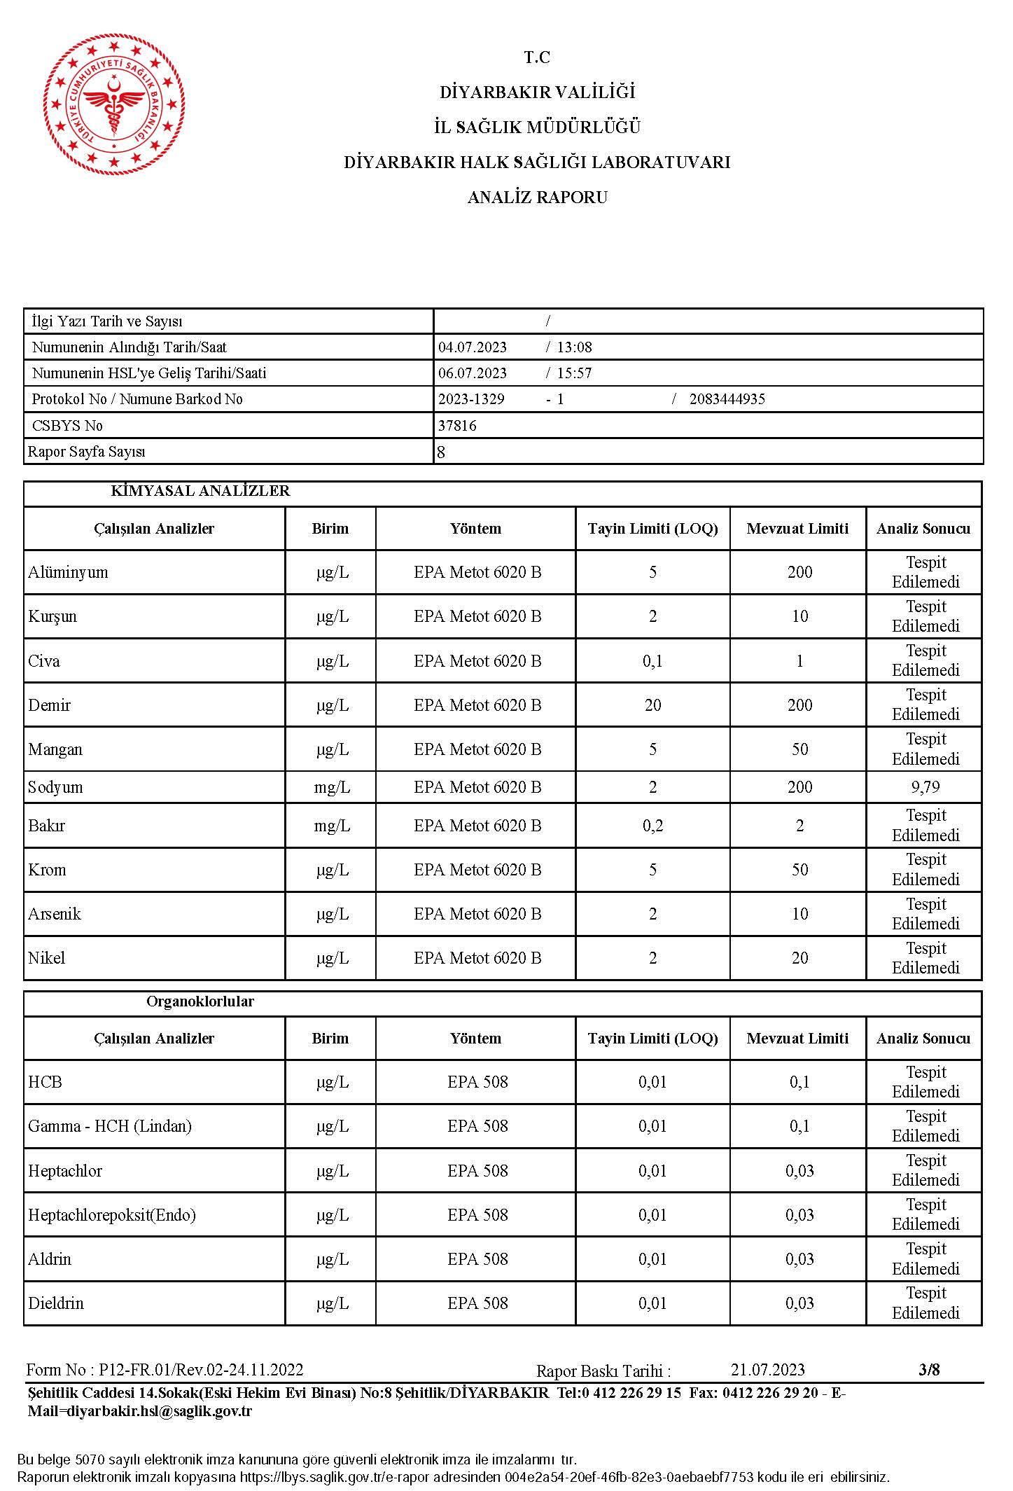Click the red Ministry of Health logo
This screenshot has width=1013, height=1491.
pos(114,103)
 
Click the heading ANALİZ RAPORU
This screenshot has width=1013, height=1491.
pos(537,197)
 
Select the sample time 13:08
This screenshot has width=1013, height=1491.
pos(574,347)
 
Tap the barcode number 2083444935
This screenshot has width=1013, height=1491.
pos(727,399)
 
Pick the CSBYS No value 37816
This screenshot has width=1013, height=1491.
pos(457,426)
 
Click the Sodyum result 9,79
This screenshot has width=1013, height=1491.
pos(925,787)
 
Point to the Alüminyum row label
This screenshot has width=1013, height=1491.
pos(68,572)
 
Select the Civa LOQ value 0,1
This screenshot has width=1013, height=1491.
pos(652,661)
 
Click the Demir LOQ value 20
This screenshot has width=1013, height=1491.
pos(652,705)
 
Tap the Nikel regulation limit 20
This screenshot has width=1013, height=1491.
pos(799,958)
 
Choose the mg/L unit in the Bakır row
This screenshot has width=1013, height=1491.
pos(332,826)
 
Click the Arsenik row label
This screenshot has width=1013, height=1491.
pos(55,914)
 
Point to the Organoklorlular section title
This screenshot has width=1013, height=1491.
pos(200,1001)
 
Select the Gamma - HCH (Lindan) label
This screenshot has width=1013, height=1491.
pos(110,1126)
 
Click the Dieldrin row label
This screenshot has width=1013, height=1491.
pos(56,1303)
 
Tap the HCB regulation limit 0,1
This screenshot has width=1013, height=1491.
pos(799,1082)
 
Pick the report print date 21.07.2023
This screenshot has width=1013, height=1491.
pos(767,1370)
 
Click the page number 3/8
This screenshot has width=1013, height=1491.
pos(929,1370)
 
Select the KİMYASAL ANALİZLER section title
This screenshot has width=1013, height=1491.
pos(200,491)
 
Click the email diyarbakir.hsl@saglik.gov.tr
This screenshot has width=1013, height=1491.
pos(140,1411)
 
